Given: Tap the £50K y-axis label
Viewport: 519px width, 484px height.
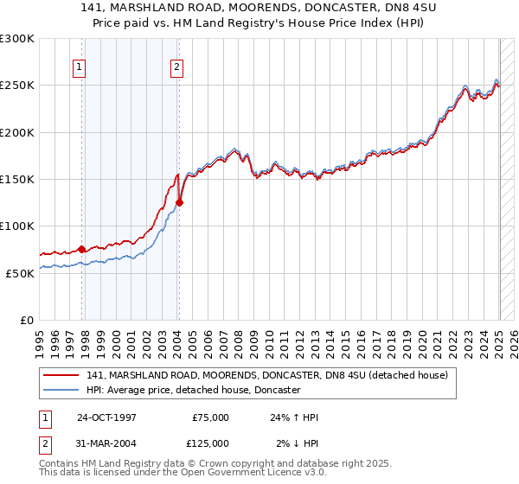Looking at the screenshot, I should coord(20,272).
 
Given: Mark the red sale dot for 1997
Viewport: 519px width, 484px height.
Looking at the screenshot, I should coord(82,249).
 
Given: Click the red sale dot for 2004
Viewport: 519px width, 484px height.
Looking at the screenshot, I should coord(179,203).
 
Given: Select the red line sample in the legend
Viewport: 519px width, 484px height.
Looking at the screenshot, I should coord(61,376).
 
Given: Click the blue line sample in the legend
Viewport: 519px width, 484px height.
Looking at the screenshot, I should coord(61,391).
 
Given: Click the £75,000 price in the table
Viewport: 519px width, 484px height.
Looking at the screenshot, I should coord(210,417).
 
